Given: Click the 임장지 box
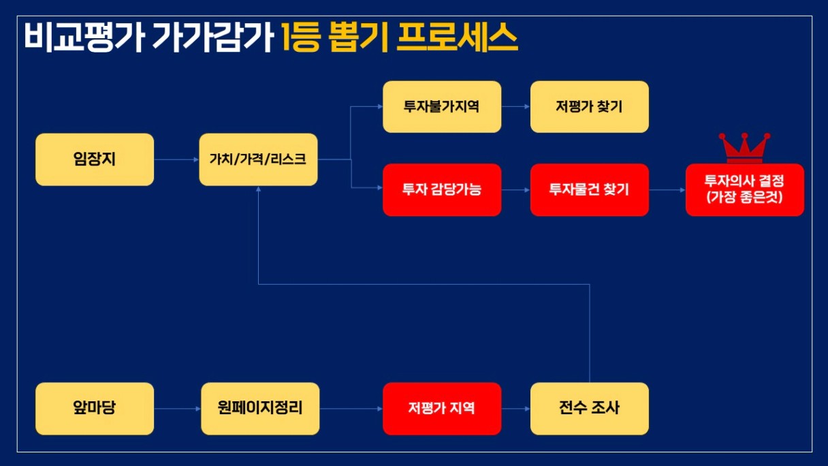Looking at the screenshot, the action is [95, 159].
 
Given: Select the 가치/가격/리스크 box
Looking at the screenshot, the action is [258, 159].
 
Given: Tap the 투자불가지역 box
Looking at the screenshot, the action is [442, 107].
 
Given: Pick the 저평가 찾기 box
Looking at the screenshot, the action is [590, 107].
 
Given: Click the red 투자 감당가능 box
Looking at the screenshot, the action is [442, 189].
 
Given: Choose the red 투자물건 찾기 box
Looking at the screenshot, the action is [590, 189].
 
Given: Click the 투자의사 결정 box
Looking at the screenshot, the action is [745, 189].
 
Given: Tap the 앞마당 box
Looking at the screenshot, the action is [95, 409].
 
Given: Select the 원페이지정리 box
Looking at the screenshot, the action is [260, 409].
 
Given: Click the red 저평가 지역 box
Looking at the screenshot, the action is [442, 409].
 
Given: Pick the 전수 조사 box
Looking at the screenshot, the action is [590, 409].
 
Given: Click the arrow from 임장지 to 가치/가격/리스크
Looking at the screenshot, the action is [176, 160].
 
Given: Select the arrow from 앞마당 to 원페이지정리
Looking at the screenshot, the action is [178, 409].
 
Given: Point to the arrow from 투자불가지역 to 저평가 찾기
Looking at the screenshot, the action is [516, 106].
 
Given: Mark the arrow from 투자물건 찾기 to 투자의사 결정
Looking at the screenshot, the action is [667, 190].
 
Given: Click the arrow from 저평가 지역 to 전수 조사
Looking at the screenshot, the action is [516, 409].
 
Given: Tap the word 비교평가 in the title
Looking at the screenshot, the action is [84, 37].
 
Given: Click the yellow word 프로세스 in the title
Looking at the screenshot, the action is [458, 37].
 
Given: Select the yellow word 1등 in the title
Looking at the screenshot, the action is [300, 37].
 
